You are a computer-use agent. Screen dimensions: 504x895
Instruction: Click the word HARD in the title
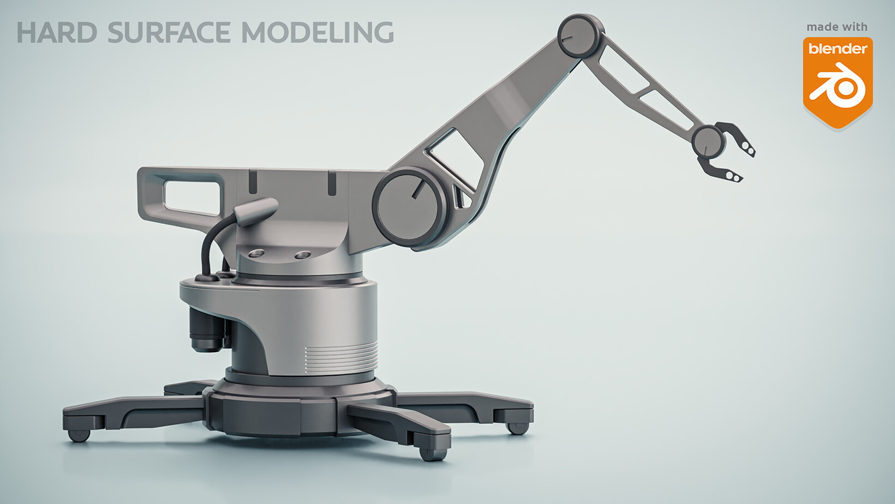[57, 33]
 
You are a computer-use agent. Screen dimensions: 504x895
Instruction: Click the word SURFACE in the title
[169, 33]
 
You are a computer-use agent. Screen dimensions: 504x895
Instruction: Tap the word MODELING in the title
[317, 33]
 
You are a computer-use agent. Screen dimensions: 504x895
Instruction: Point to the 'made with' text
[837, 27]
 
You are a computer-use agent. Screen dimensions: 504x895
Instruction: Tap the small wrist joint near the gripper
[708, 142]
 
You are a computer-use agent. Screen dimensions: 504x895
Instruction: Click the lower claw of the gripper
[720, 170]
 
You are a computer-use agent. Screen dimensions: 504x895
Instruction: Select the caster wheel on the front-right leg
[433, 453]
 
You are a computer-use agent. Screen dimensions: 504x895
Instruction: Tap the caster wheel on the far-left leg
[79, 435]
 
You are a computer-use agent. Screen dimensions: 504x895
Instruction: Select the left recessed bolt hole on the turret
[256, 253]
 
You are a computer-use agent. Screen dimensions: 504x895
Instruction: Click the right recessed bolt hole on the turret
[302, 255]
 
